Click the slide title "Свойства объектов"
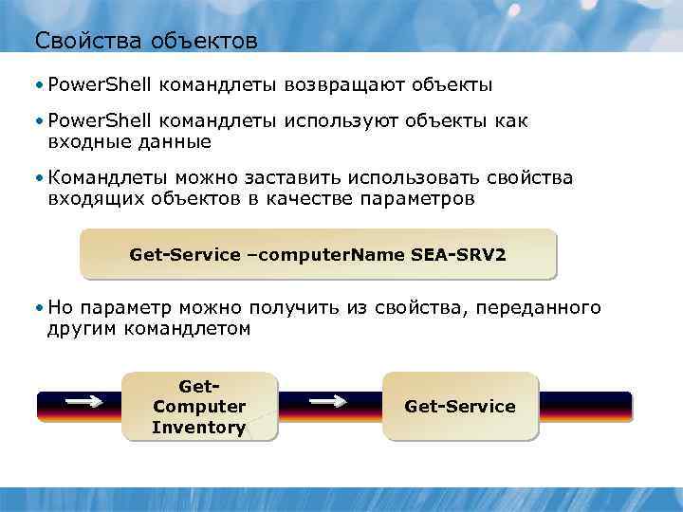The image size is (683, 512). tap(145, 41)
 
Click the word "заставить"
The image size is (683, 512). tap(301, 179)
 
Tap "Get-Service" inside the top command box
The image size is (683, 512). tap(185, 255)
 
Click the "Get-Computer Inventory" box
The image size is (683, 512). tap(199, 407)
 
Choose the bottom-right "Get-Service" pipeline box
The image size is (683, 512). tap(460, 407)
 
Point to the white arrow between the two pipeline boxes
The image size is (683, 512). tap(329, 402)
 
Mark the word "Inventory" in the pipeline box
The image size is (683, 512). tap(199, 428)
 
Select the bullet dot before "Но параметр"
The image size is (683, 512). tap(37, 307)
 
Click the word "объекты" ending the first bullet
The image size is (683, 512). tap(452, 85)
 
